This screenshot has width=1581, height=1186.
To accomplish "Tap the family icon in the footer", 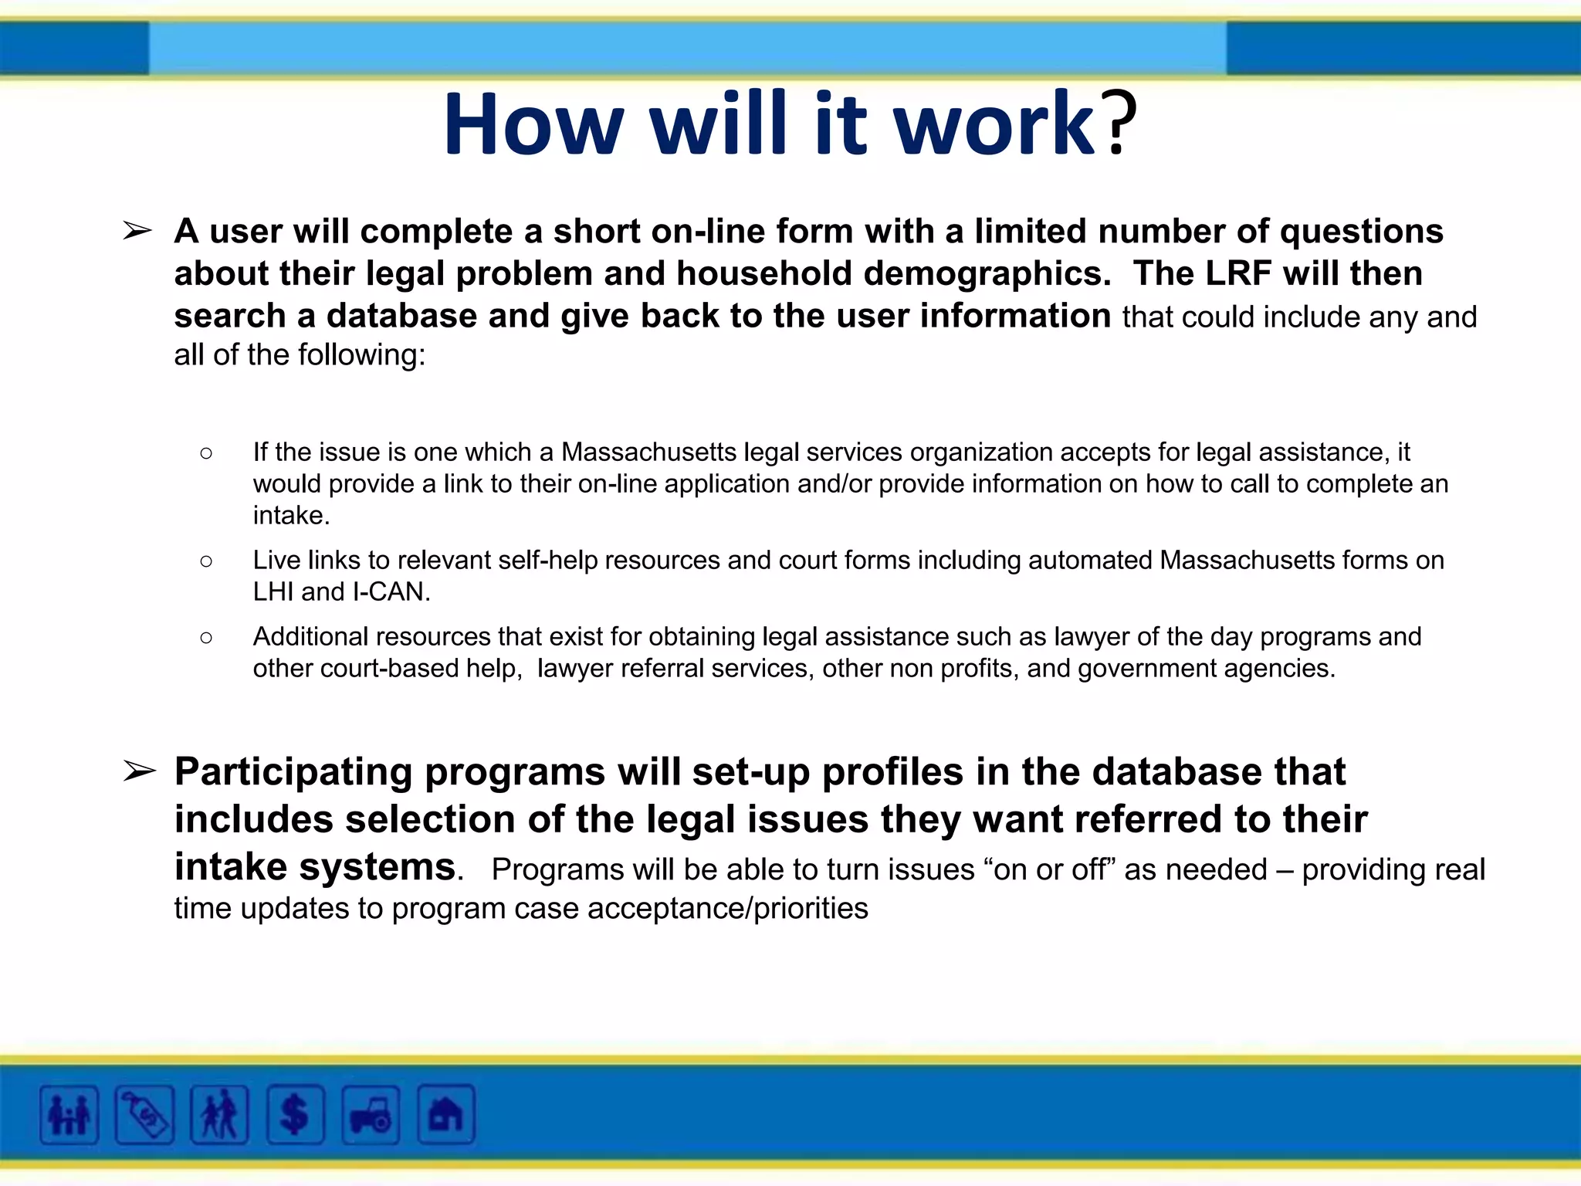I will [x=69, y=1115].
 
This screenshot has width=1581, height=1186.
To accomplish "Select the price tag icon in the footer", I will [x=144, y=1115].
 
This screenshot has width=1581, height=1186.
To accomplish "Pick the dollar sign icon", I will [x=295, y=1115].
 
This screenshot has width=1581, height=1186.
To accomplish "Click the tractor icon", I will [x=371, y=1115].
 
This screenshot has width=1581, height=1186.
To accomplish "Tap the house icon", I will [x=445, y=1115].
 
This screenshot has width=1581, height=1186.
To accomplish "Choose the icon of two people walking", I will [x=219, y=1115].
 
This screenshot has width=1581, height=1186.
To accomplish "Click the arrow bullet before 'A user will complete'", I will [x=138, y=230].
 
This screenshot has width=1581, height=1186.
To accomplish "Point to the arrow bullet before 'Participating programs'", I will [x=140, y=771].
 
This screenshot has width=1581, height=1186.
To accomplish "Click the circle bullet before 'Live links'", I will [x=206, y=561].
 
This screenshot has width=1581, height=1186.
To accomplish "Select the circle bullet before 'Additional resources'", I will [x=206, y=637].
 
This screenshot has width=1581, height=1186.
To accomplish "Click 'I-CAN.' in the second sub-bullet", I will [x=391, y=592].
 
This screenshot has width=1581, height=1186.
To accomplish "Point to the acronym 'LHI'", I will [x=273, y=592].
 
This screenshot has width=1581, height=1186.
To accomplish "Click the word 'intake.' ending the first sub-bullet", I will [x=291, y=515].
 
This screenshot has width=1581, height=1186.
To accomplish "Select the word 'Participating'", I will [x=293, y=772].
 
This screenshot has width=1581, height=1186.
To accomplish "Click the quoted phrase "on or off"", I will [x=1049, y=869].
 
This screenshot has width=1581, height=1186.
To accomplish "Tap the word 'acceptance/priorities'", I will [x=727, y=909].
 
